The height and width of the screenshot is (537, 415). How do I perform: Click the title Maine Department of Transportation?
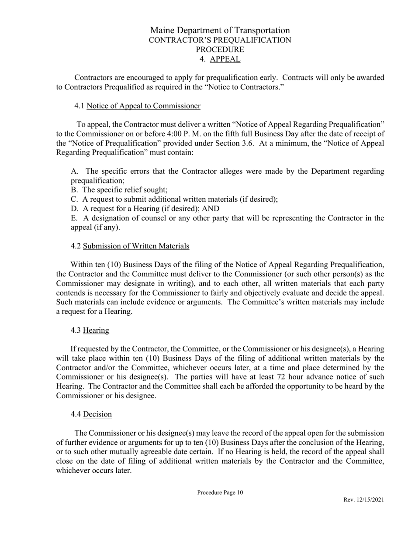click(220, 30)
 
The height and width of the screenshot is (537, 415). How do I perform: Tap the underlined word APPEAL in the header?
click(225, 59)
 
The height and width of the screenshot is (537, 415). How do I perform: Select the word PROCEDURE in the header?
click(220, 49)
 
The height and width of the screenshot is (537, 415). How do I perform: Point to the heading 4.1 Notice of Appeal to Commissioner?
click(138, 106)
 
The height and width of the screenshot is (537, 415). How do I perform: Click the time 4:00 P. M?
click(193, 134)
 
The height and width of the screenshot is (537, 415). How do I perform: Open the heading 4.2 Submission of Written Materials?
click(130, 246)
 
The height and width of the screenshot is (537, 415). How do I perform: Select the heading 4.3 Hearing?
click(90, 330)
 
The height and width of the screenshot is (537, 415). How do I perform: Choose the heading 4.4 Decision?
click(91, 414)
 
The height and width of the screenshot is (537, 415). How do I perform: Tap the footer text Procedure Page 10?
click(220, 492)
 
